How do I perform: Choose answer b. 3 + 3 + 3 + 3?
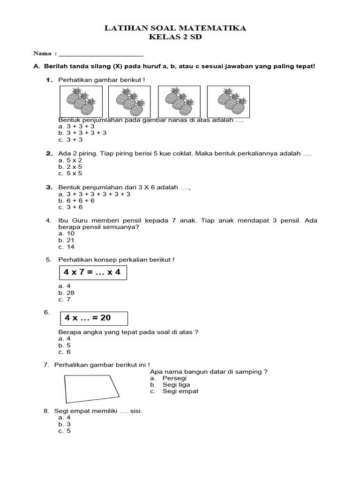(x=82, y=133)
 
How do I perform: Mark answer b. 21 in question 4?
(x=67, y=240)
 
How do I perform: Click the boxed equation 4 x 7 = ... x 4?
(x=93, y=272)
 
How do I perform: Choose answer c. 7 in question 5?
(x=65, y=300)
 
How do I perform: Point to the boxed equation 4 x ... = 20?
(x=93, y=318)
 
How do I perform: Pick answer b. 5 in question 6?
(x=65, y=345)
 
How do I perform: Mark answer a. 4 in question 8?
(x=65, y=417)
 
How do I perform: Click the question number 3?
(x=48, y=187)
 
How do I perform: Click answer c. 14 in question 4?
(x=67, y=247)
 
